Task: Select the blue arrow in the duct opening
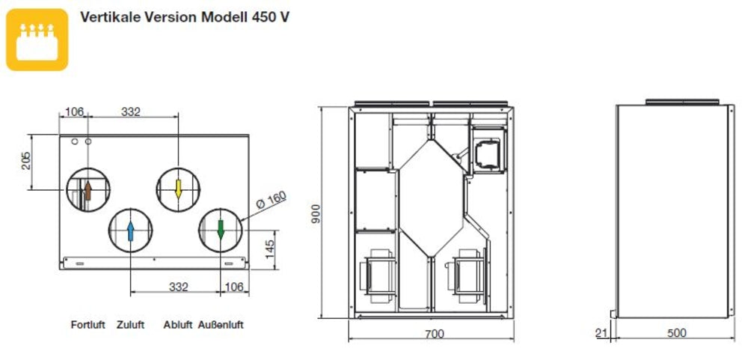[131, 231]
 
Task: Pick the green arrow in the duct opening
[220, 230]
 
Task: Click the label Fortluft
[88, 325]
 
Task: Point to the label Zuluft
[131, 325]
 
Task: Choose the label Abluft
[178, 325]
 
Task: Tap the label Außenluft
[221, 325]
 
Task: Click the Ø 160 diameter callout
[271, 200]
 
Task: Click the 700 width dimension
[433, 334]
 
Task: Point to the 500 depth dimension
[675, 334]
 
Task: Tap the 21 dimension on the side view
[601, 334]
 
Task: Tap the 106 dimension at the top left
[73, 112]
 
